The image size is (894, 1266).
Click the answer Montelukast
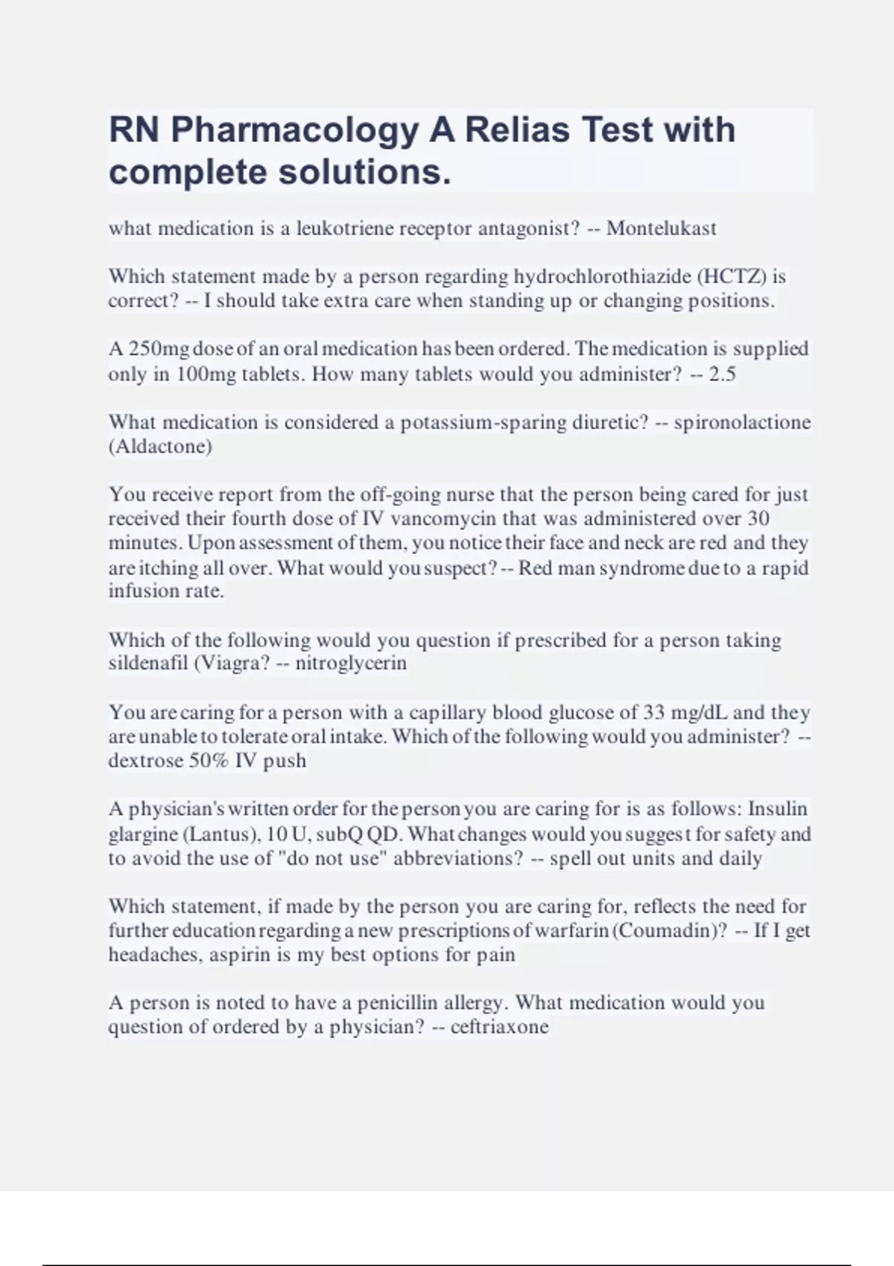662,228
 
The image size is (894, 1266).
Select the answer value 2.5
722,374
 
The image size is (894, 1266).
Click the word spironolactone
742,422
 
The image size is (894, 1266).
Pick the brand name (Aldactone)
160,447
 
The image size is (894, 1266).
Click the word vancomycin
444,518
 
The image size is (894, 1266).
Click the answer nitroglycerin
351,664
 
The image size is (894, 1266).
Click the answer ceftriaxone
499,1028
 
